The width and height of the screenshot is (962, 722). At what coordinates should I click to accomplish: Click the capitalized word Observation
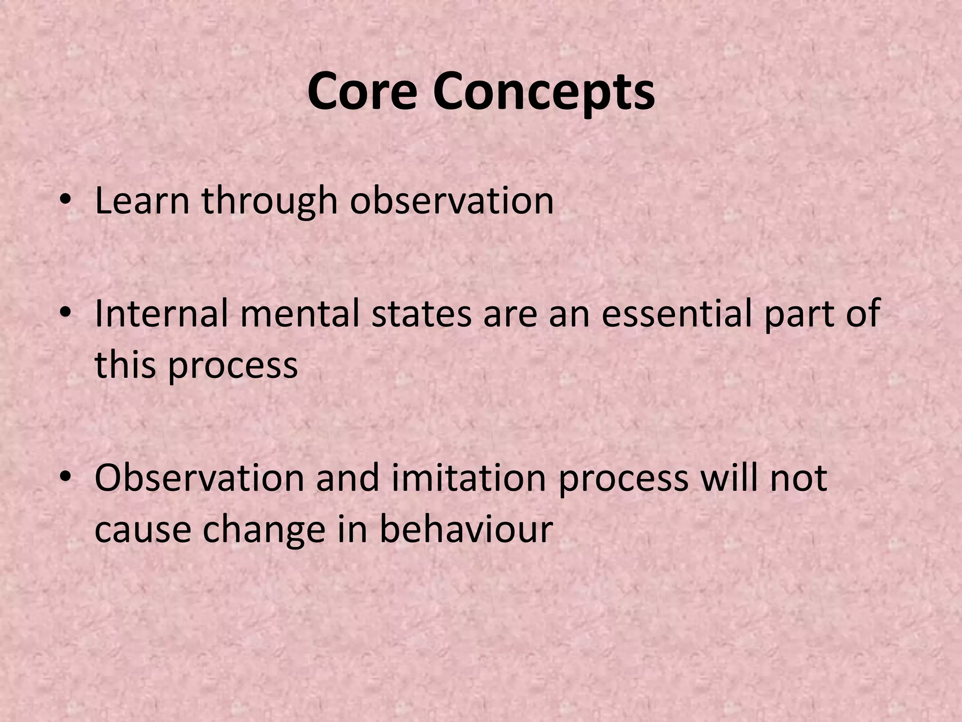click(199, 479)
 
